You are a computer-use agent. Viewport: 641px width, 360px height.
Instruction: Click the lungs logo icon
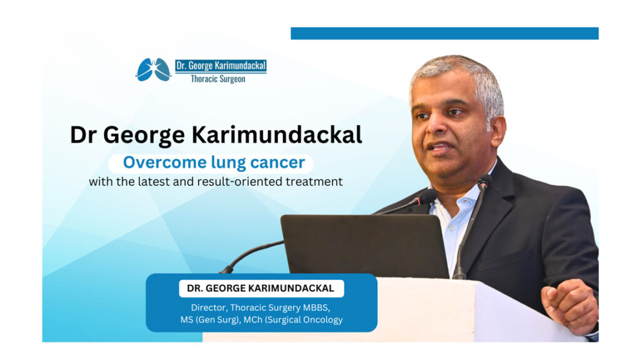coord(153,69)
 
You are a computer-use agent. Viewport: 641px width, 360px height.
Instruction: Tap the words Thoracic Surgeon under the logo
coord(218,79)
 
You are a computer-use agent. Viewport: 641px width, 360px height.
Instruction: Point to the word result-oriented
coord(240,181)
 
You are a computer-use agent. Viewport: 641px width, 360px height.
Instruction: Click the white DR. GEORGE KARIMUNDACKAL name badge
coord(261,289)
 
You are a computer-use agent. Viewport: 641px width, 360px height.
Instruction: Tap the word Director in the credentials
coord(208,307)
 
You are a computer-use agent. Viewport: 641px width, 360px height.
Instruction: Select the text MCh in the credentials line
coord(253,319)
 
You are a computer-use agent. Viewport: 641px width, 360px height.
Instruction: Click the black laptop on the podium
coord(364,245)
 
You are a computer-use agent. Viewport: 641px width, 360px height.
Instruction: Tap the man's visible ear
coord(497,131)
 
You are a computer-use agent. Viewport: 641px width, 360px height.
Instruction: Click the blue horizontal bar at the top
coord(444,34)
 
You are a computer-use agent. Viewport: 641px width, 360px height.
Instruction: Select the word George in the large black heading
coord(144,135)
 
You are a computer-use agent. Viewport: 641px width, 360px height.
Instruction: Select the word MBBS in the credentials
coord(316,307)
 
